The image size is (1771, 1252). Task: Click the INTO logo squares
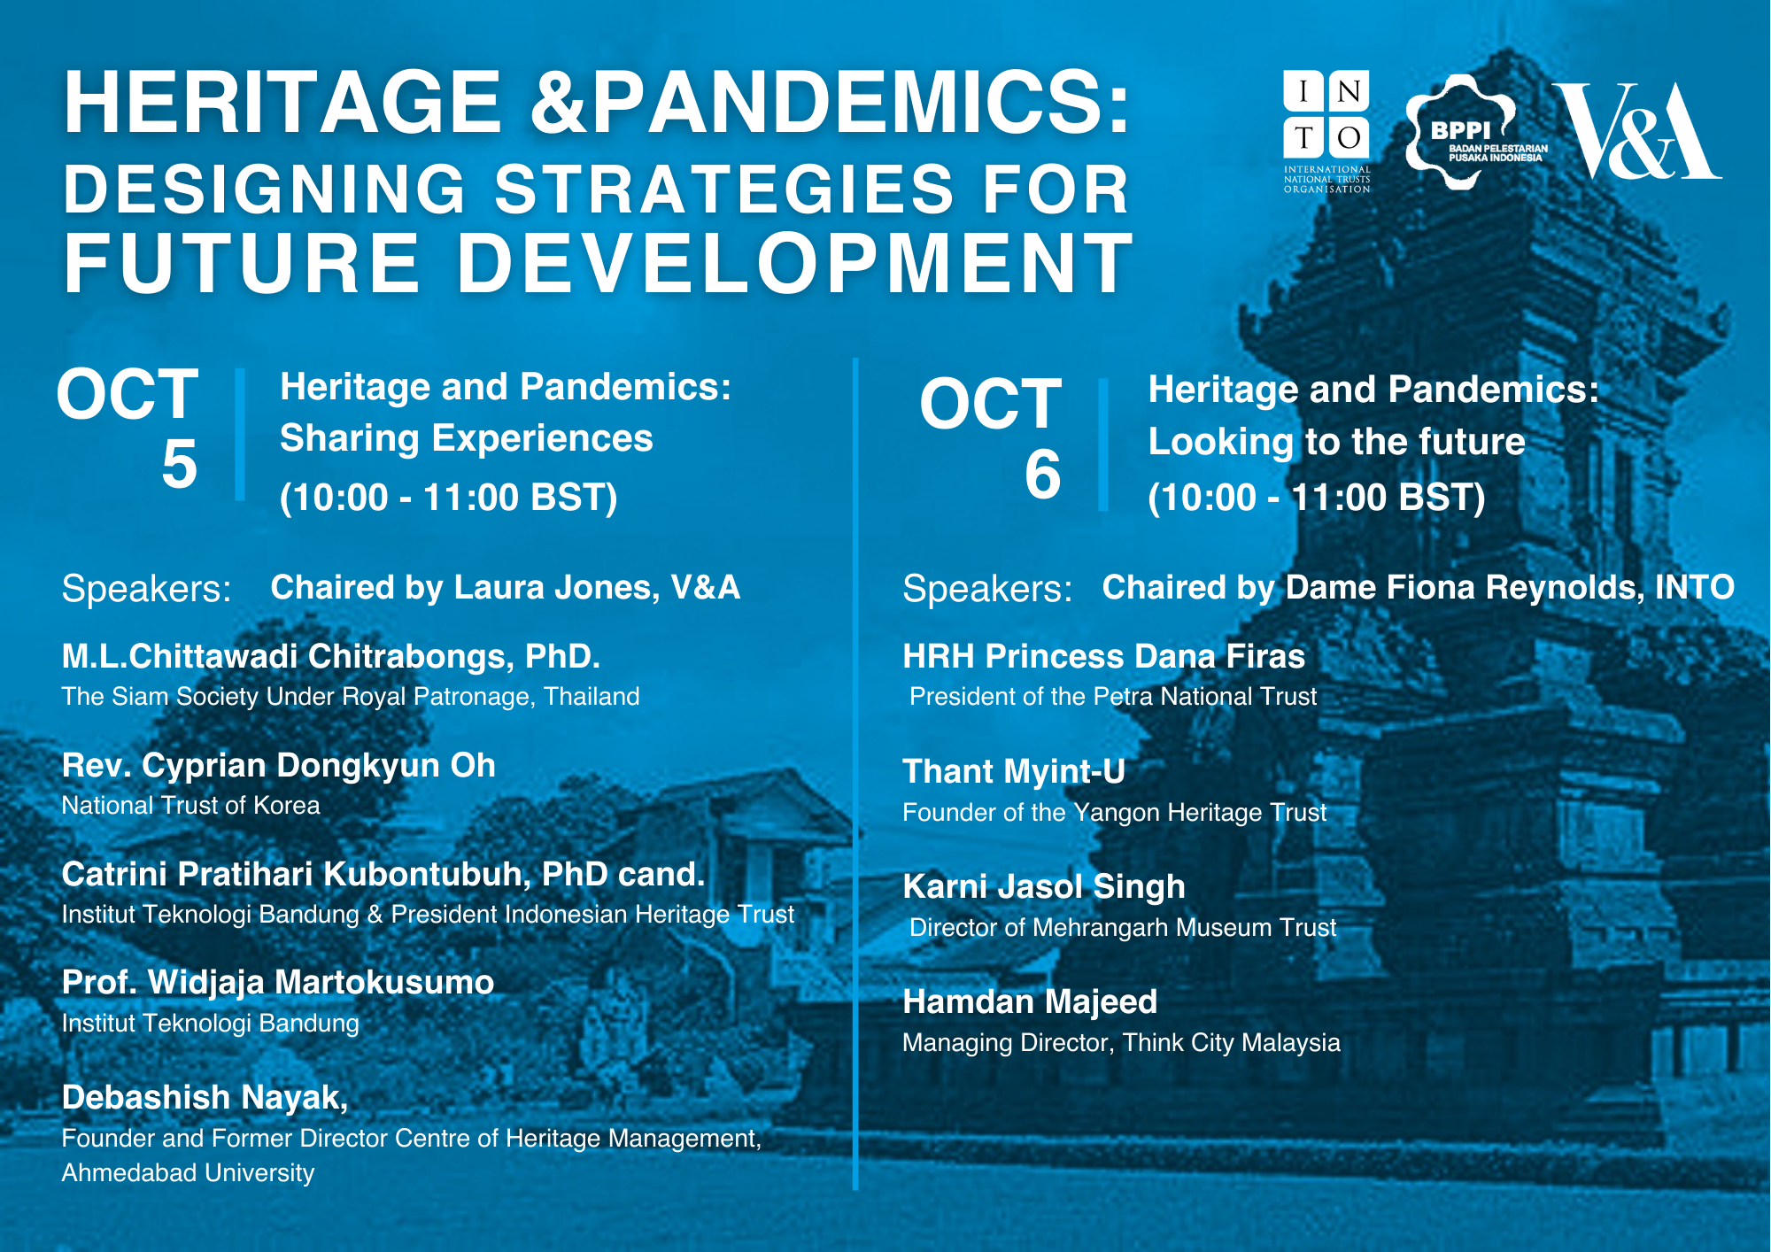(1326, 114)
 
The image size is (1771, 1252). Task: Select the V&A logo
(1637, 130)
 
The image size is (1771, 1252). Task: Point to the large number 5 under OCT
(179, 463)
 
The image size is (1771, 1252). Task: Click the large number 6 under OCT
(1042, 474)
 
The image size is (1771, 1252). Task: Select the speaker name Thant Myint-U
(1014, 771)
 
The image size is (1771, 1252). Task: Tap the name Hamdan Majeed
(1030, 1001)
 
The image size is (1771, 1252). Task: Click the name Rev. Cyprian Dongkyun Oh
(278, 766)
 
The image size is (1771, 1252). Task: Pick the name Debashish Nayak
(205, 1098)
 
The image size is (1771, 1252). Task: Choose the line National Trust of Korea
(190, 806)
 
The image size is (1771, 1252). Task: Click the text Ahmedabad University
(188, 1173)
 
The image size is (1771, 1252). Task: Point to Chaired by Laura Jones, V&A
(505, 588)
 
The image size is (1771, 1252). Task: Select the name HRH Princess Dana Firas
(1103, 656)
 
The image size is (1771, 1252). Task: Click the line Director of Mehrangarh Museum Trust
(1123, 928)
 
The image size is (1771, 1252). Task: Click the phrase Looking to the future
(1336, 442)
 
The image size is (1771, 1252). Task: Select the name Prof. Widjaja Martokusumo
(278, 983)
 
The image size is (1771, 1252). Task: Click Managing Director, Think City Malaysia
(1121, 1043)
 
